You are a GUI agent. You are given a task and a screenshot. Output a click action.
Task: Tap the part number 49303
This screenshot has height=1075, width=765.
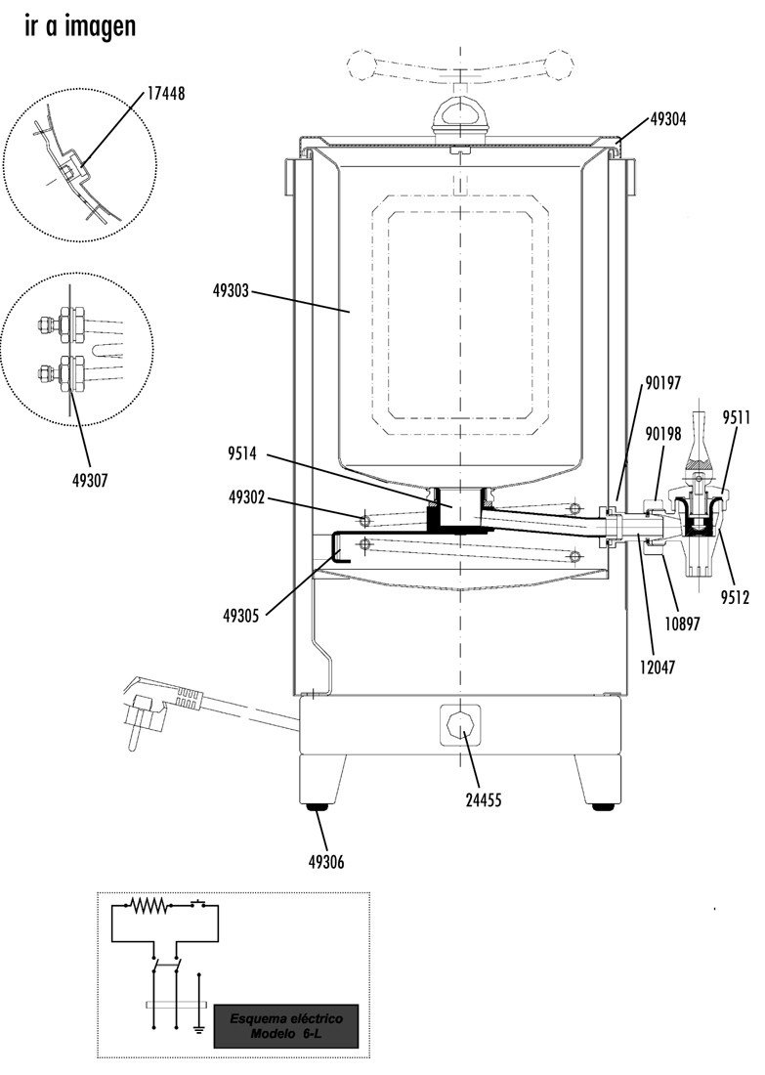point(233,290)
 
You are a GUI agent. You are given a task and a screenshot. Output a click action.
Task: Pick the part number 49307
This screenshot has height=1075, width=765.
point(88,480)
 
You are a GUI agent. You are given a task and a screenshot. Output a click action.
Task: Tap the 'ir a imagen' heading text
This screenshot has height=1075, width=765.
point(79,26)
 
